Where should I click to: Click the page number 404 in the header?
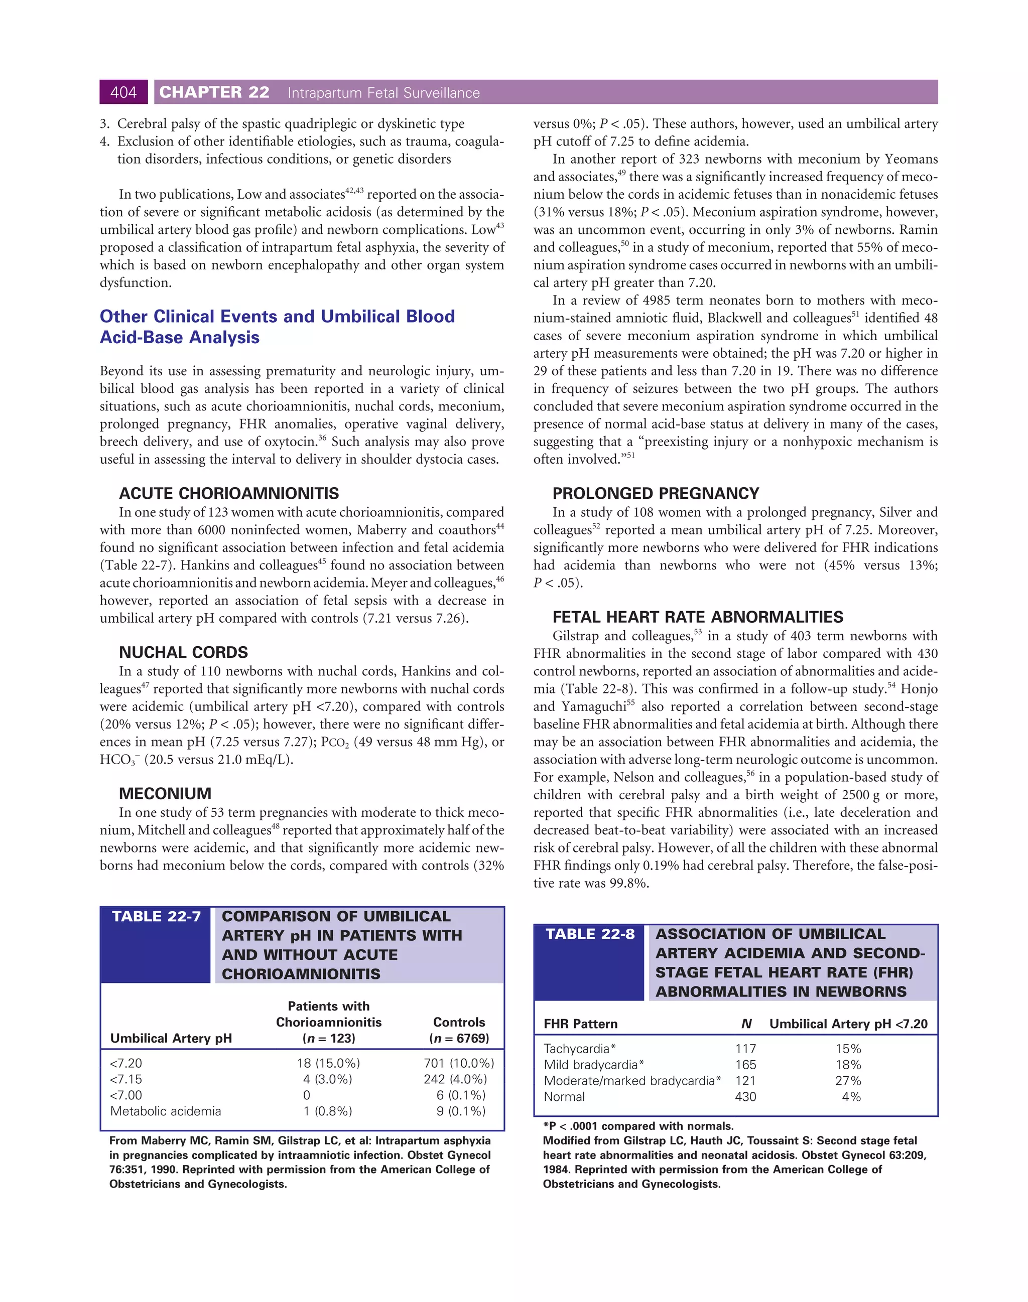pos(123,92)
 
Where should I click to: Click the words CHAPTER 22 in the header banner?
pos(214,92)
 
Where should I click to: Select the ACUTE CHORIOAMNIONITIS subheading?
pos(229,493)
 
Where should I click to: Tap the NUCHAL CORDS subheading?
pos(183,652)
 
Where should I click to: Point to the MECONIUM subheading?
pos(165,793)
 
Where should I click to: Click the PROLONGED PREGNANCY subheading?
pos(656,493)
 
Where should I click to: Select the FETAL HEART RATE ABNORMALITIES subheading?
pos(698,617)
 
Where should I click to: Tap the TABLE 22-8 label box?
pos(590,934)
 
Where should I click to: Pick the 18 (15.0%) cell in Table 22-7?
pos(329,1063)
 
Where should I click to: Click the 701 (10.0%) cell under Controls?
pos(459,1063)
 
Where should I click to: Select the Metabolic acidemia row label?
pos(166,1111)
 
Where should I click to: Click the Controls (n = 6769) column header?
pos(459,1030)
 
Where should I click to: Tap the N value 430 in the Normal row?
pos(745,1097)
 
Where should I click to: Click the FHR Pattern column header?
pos(580,1024)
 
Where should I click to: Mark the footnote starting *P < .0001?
pos(638,1126)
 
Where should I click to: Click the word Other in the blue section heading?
pos(123,317)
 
